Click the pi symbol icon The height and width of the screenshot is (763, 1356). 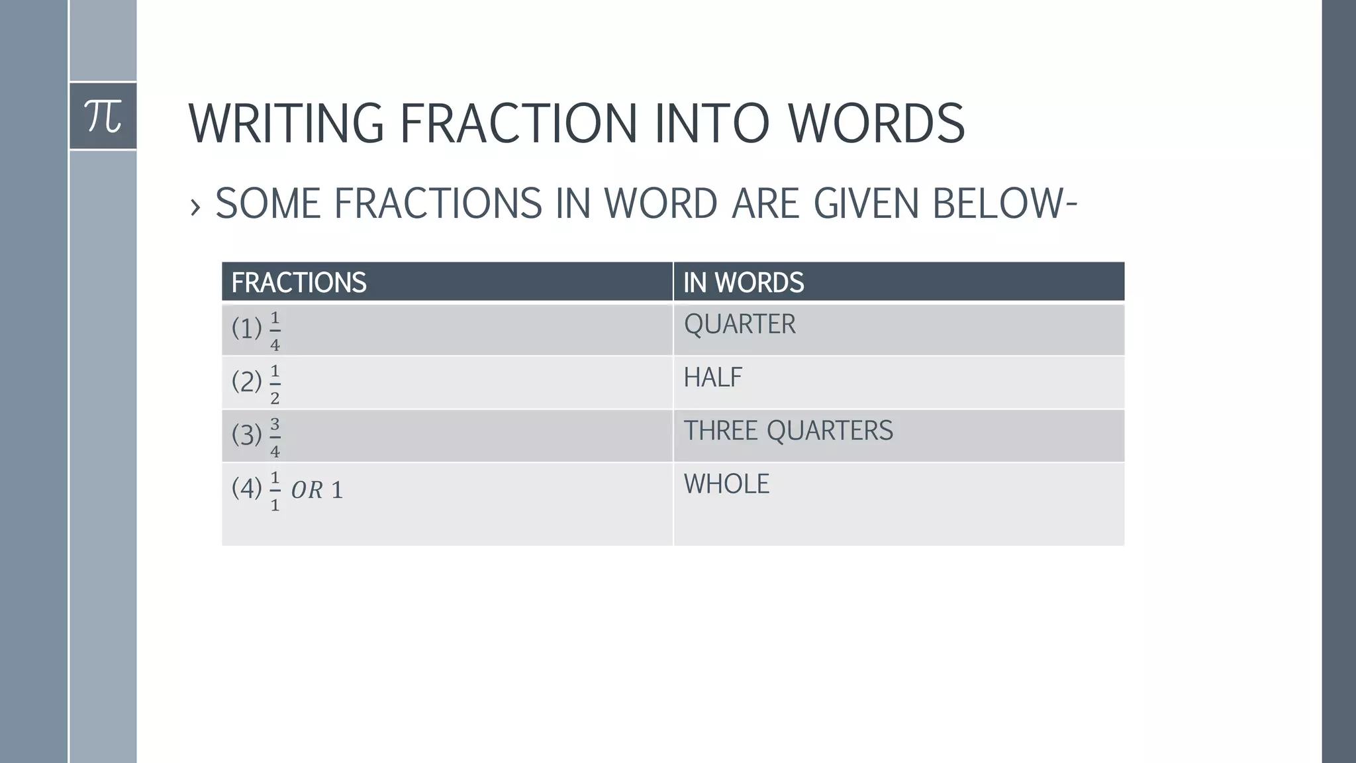(x=103, y=116)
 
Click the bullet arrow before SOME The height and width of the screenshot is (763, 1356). (x=195, y=207)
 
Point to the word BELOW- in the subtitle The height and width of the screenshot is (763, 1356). (x=1004, y=203)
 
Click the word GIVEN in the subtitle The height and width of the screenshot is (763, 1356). (x=866, y=203)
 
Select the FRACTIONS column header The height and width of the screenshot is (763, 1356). (x=299, y=283)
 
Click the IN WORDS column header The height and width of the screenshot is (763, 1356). (x=744, y=283)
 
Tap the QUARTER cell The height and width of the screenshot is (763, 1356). (x=740, y=325)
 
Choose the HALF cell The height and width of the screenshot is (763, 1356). (x=712, y=378)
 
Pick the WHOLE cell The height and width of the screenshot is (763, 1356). (x=726, y=484)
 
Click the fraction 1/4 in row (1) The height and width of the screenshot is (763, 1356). (x=275, y=331)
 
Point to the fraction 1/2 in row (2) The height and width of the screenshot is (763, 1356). (x=275, y=384)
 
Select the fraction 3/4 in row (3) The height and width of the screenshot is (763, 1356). (x=275, y=438)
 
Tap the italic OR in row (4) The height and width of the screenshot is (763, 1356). (x=307, y=490)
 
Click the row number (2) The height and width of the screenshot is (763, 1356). (x=246, y=382)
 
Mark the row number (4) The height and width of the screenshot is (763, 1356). (x=246, y=489)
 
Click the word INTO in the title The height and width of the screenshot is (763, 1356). (x=712, y=123)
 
